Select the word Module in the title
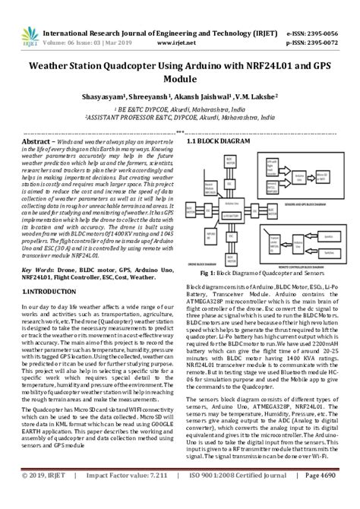click(180, 79)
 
